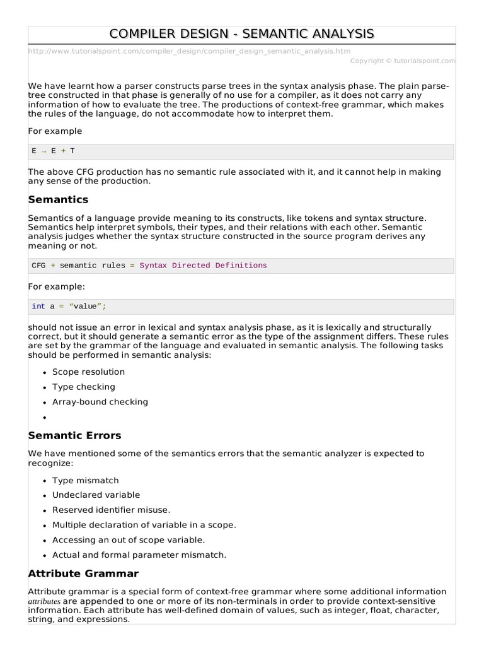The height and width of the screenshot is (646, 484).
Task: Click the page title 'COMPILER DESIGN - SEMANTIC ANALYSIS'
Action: pos(241,34)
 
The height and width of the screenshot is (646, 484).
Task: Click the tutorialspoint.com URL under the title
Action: pos(190,50)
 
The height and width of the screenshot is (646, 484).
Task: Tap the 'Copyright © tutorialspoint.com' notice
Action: pos(402,61)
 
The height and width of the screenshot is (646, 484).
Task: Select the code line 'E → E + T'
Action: pos(54,151)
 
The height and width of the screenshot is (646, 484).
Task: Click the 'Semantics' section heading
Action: pos(58,199)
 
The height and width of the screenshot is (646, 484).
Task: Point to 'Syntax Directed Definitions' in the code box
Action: pos(203,266)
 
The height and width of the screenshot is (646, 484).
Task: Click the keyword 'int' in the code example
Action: pos(38,307)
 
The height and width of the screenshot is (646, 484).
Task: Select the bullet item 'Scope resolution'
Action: pos(88,372)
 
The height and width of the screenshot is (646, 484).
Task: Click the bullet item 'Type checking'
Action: pos(83,387)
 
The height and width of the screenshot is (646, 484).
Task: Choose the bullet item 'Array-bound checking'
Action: pos(100,402)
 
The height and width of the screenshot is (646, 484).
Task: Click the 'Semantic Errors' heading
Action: pos(74,435)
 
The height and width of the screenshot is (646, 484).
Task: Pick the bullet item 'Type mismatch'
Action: pos(85,480)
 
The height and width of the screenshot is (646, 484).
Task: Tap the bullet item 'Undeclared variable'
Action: pos(96,495)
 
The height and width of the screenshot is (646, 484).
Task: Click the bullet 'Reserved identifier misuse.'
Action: pos(111,510)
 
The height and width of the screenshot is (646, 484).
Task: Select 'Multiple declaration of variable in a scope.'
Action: pos(144,525)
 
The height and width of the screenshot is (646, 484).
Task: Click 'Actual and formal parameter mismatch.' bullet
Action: pos(139,555)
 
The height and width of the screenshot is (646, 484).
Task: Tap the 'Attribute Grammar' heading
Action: pos(83,573)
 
